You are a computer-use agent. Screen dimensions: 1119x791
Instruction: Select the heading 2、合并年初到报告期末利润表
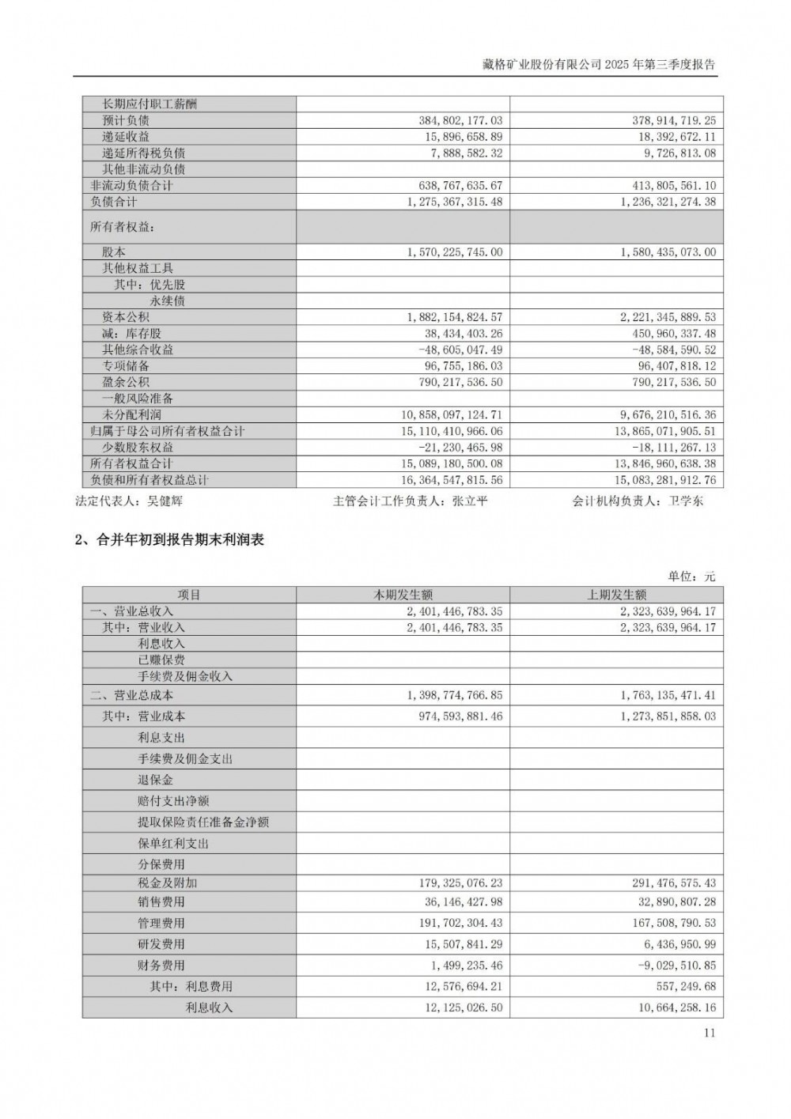[168, 540]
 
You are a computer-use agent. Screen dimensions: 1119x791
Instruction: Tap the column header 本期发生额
[403, 595]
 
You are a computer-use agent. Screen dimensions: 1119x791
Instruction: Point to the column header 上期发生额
[616, 595]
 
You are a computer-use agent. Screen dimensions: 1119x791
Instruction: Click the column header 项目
[189, 595]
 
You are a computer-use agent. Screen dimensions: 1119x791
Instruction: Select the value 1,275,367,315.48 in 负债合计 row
[455, 202]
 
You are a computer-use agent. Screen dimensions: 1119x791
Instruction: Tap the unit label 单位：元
[691, 577]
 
